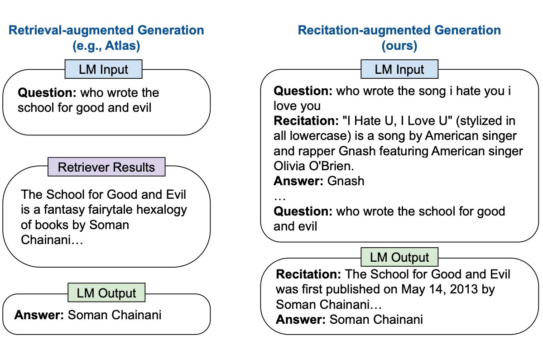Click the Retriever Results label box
107,167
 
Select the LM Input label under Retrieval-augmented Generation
104,70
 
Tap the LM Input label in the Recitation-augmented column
399,70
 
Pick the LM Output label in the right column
399,257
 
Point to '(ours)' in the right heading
399,46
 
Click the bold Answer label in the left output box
39,315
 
